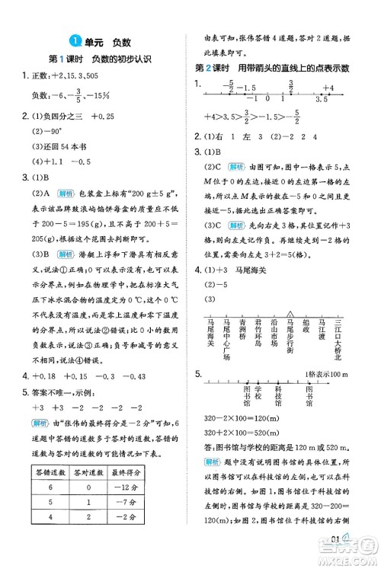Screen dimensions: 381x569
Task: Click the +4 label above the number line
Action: click(328, 88)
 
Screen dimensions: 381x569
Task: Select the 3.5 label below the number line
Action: click(320, 100)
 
